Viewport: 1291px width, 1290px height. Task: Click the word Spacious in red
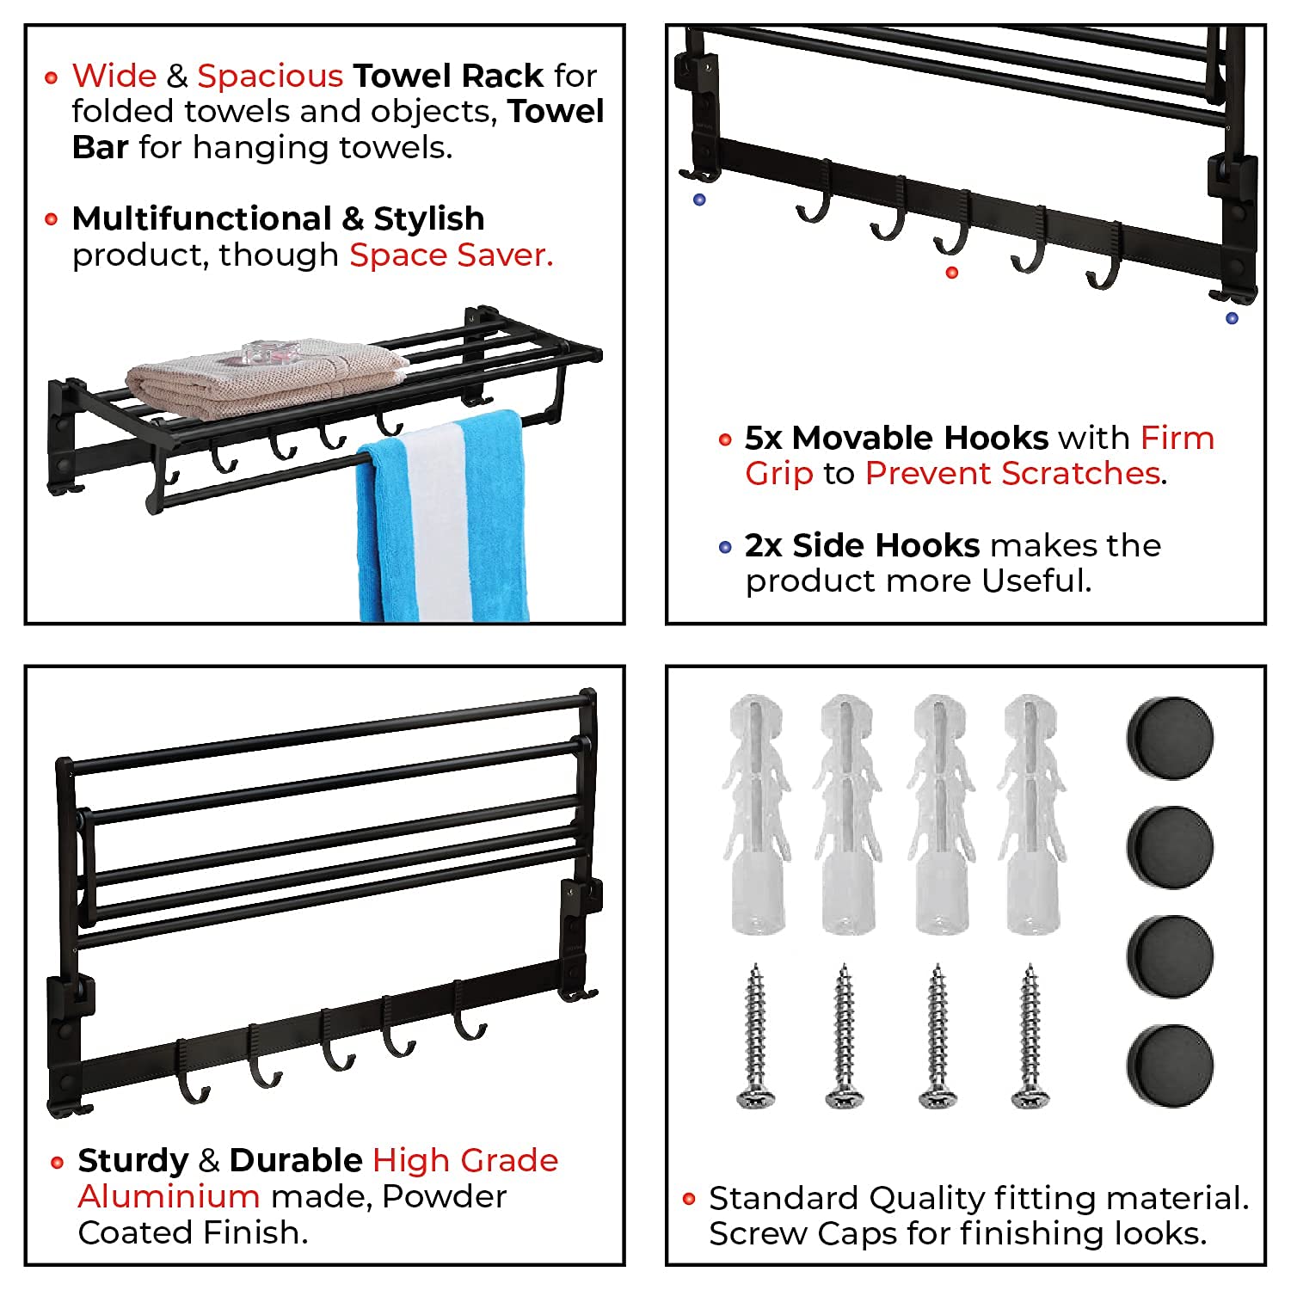pos(270,77)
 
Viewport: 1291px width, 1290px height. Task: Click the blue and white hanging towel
pos(443,516)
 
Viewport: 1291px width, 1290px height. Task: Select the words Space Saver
pos(451,255)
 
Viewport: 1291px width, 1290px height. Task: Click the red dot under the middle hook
pos(951,273)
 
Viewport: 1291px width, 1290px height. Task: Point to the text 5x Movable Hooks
pos(895,439)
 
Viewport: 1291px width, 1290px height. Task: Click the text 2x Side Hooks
pos(862,546)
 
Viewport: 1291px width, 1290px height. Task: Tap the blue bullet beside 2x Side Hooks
pos(725,548)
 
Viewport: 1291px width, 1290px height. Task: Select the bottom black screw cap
pos(1170,1064)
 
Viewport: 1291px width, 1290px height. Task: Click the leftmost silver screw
pos(757,1036)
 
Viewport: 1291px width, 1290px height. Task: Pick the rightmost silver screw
pos(1030,1036)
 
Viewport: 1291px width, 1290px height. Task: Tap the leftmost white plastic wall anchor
pos(757,813)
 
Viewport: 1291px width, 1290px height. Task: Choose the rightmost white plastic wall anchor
pos(1030,813)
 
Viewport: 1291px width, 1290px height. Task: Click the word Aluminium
pos(169,1196)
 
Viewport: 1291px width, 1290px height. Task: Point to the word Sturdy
pos(132,1161)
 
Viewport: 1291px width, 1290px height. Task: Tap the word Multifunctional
pos(201,219)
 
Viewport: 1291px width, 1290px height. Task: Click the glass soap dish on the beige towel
pos(268,353)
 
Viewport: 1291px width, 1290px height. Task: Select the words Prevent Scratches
pos(1012,474)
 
